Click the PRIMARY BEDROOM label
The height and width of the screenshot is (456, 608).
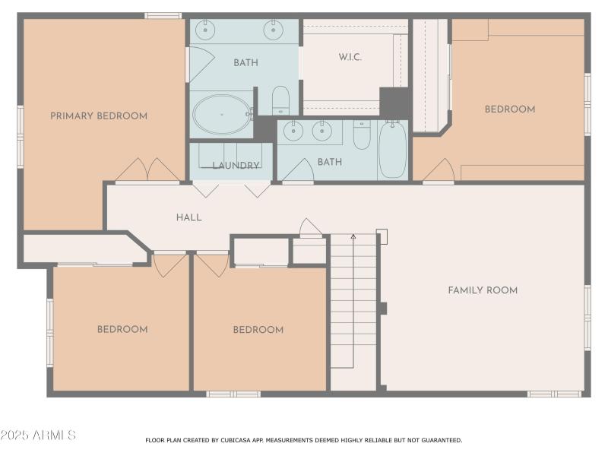click(x=99, y=116)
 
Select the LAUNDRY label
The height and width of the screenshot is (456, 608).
click(x=236, y=165)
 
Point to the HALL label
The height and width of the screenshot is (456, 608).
click(x=188, y=217)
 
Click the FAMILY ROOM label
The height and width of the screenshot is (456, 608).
click(x=483, y=290)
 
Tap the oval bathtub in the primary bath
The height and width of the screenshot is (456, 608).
click(x=221, y=115)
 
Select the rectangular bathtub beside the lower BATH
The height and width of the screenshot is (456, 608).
click(x=393, y=149)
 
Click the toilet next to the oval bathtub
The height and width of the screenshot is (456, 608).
click(x=280, y=100)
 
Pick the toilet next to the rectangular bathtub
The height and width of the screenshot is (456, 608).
click(x=362, y=135)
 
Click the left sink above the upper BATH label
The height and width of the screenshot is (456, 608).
click(x=205, y=30)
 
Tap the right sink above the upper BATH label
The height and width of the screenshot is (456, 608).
click(x=273, y=30)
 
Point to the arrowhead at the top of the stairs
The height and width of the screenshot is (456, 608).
click(x=353, y=238)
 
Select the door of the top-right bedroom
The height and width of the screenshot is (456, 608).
click(x=439, y=172)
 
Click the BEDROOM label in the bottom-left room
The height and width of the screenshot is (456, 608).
click(x=122, y=330)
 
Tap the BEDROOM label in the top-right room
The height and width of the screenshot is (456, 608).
click(x=510, y=109)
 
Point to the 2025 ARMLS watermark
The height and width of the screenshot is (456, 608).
click(x=38, y=435)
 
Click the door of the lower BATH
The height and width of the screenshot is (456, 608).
click(x=298, y=171)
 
